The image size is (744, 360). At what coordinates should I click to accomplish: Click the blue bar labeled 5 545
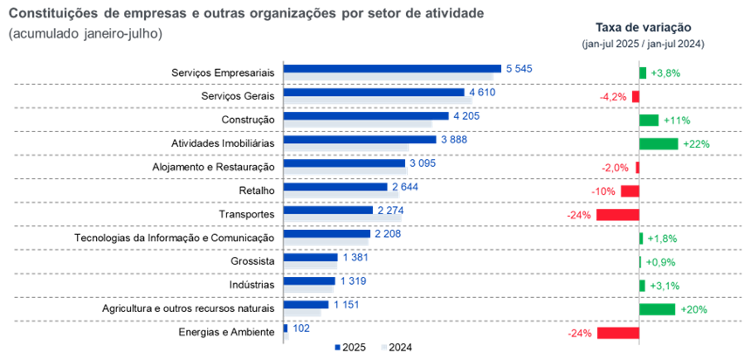pos(392,68)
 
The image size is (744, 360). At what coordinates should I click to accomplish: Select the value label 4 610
pos(483,92)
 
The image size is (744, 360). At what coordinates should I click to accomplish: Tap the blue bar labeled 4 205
pos(366,115)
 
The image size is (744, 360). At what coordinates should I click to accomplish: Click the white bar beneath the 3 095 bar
pos(346,171)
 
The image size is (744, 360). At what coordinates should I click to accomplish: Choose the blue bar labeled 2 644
pos(335,186)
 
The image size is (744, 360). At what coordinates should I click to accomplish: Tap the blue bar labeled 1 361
pos(311,257)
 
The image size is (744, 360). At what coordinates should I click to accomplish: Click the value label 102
pos(300,329)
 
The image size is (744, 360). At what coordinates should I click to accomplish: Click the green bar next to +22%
pos(658,143)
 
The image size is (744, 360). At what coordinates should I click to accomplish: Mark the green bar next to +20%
pos(657,309)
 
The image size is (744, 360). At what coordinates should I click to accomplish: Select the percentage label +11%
pos(678,120)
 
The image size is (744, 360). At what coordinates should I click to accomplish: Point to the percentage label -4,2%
pos(613,96)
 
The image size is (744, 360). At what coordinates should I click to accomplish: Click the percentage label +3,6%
pos(666,73)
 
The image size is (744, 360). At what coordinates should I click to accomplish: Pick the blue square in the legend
pos(338,347)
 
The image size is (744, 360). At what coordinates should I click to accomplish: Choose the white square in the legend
pos(384,347)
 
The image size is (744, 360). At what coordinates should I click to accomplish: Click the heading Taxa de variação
pos(643,27)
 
